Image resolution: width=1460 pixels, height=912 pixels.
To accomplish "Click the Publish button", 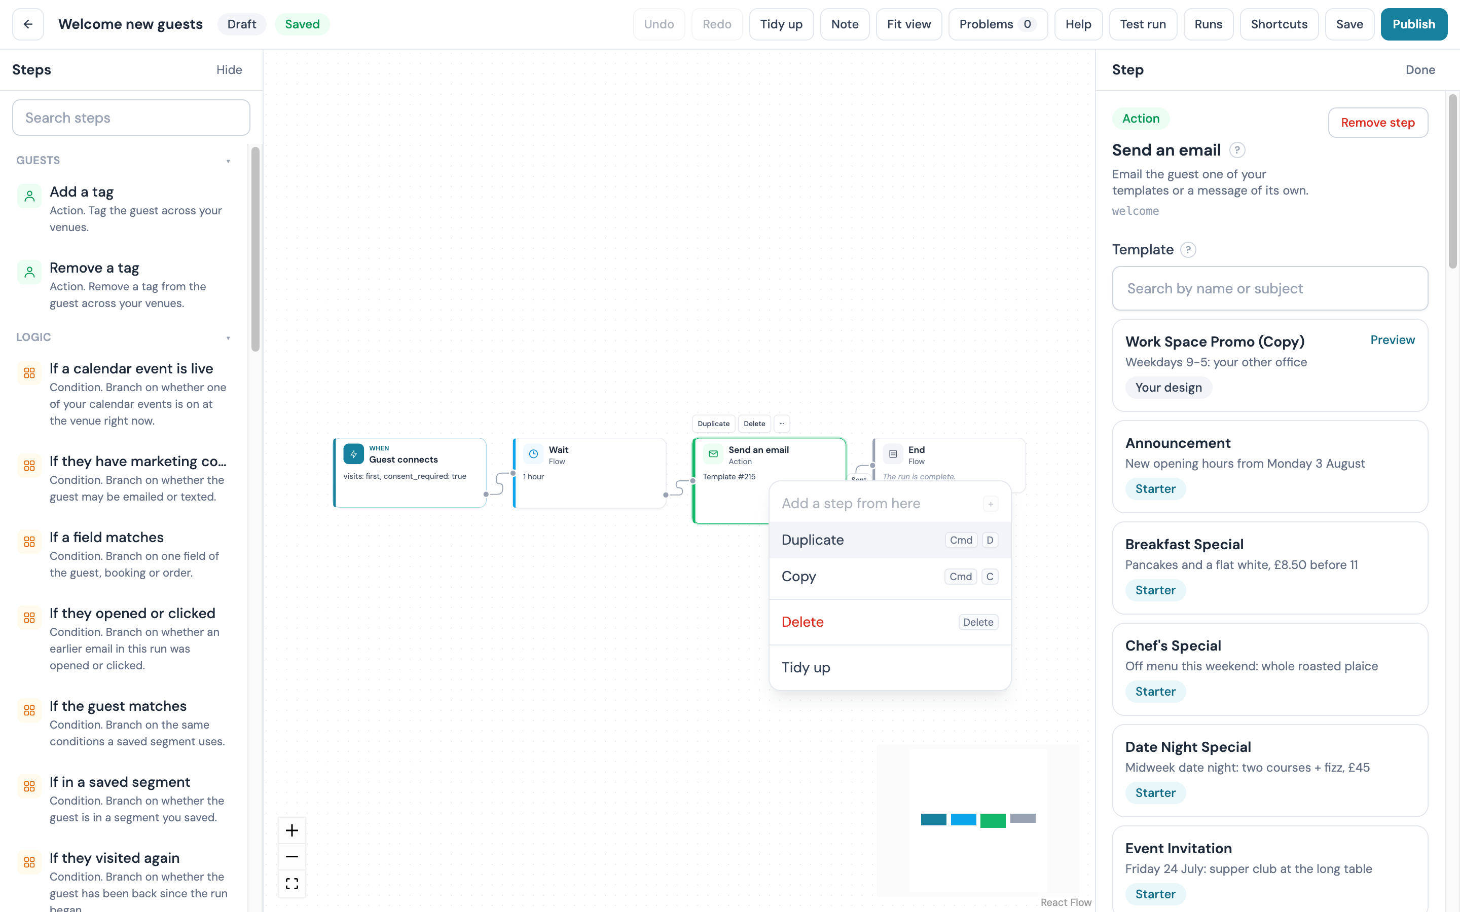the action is coord(1413,24).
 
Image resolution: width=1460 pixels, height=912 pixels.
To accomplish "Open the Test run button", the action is coord(1143,24).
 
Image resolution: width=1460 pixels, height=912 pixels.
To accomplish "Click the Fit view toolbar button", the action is coord(908,24).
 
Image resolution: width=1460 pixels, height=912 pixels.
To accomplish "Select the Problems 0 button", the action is coord(998,24).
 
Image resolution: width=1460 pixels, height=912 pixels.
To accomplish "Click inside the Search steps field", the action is coord(131,118).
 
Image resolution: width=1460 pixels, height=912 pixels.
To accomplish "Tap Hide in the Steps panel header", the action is coord(229,70).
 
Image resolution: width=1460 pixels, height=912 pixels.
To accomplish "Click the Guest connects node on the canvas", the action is coord(410,472).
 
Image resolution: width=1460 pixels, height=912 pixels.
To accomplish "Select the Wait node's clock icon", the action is coord(533,454).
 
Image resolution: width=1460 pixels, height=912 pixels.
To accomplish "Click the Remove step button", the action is coord(1377,123).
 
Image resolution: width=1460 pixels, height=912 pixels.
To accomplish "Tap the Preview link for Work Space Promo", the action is coord(1393,340).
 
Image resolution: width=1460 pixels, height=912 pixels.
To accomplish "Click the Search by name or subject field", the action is coord(1269,288).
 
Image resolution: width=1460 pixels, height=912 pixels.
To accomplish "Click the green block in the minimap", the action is coord(993,820).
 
